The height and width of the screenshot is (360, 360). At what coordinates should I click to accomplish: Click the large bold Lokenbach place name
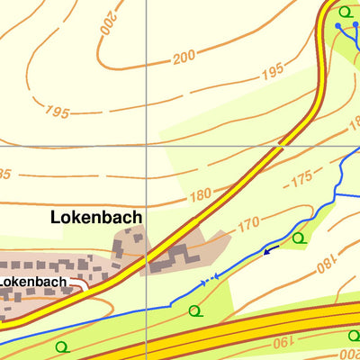(96, 217)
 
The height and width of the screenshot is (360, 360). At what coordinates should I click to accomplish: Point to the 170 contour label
(248, 222)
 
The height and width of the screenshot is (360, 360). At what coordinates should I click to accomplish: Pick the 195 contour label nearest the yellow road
(272, 73)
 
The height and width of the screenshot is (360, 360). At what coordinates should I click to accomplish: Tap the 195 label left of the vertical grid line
(56, 112)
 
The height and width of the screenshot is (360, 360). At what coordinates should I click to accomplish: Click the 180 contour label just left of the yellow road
(200, 194)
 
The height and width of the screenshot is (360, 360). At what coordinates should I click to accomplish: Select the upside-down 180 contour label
(325, 265)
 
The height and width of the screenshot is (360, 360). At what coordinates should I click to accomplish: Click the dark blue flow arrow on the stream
(267, 250)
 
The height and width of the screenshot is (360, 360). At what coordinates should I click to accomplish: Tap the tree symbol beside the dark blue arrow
(298, 238)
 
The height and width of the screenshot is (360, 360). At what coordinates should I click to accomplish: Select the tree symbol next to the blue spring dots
(346, 12)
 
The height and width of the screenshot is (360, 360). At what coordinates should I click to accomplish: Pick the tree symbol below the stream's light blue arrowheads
(194, 311)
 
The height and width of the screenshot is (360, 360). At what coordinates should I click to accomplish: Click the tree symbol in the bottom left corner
(61, 346)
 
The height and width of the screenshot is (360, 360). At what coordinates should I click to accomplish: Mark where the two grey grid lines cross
(146, 145)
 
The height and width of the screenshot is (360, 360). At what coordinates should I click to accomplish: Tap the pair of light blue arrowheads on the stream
(209, 281)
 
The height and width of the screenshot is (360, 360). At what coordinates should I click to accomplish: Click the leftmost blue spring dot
(338, 26)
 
